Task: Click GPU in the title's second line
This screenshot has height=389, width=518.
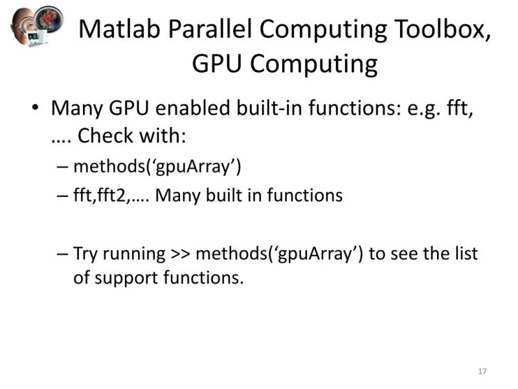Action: tap(217, 64)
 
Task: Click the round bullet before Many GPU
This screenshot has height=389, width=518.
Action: tap(36, 108)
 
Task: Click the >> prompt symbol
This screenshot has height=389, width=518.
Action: tap(181, 253)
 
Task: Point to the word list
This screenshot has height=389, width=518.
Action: tap(464, 253)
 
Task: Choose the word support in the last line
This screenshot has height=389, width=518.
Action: tap(126, 278)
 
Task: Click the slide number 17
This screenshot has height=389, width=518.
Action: tap(482, 371)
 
